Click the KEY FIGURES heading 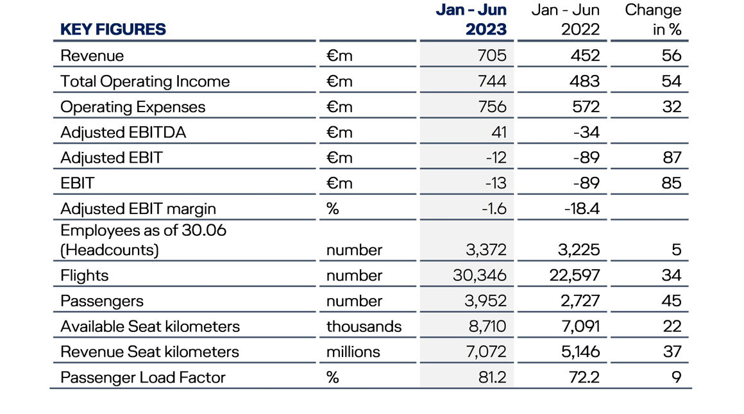pos(113,29)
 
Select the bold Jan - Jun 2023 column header pos(471,19)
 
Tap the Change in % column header pos(653,19)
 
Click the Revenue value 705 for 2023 pos(492,56)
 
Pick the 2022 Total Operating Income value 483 pos(584,81)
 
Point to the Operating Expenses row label pos(133,107)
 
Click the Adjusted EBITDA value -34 pos(586,132)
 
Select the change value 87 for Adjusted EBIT pos(672,158)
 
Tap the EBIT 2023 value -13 pos(496,183)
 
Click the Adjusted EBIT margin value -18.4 pos(582,209)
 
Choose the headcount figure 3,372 pos(486,249)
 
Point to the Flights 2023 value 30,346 pos(479,275)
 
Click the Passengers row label pos(101,301)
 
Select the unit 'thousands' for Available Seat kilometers pos(364,326)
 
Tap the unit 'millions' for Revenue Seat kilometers pos(353,352)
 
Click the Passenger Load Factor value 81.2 pos(492,377)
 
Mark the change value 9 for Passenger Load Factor pos(677,377)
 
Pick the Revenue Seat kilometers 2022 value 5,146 pos(580,352)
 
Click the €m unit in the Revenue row pos(339,56)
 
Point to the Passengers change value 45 pos(672,301)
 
